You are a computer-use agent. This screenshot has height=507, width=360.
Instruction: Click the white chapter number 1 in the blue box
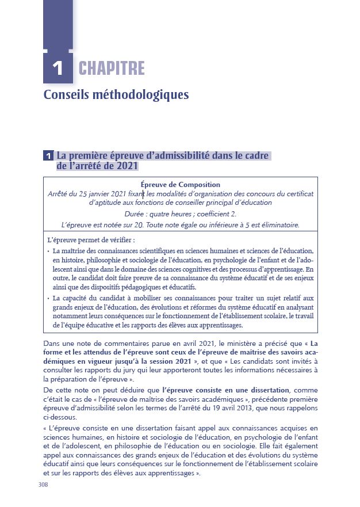[x=58, y=68]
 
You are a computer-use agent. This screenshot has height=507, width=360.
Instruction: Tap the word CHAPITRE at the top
[x=112, y=68]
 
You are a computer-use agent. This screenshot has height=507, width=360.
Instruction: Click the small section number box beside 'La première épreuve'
[x=49, y=156]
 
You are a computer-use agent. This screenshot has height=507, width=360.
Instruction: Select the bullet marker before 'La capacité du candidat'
[x=48, y=298]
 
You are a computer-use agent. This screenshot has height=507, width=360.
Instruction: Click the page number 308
[x=43, y=485]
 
